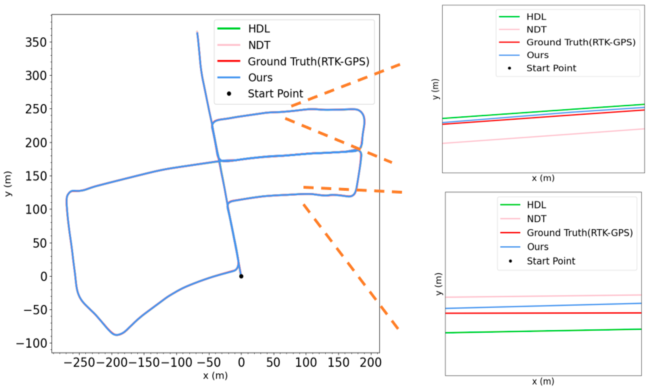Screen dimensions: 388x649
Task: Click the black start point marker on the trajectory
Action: pyautogui.click(x=241, y=276)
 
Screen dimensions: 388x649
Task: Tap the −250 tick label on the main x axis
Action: pyautogui.click(x=79, y=363)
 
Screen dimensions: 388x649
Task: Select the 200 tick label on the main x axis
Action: pyautogui.click(x=371, y=363)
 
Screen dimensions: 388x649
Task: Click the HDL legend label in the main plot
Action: pyautogui.click(x=259, y=29)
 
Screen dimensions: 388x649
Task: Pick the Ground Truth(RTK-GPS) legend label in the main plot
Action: pyautogui.click(x=309, y=61)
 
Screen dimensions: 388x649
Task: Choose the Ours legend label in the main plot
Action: pyautogui.click(x=260, y=78)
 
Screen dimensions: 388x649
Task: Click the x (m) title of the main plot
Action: pyautogui.click(x=215, y=376)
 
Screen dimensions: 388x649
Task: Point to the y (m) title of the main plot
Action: pyautogui.click(x=8, y=184)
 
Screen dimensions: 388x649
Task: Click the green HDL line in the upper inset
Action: pyautogui.click(x=543, y=111)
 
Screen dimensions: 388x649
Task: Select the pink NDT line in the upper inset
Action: pyautogui.click(x=543, y=136)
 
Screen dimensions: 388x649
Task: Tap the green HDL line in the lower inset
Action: pyautogui.click(x=543, y=331)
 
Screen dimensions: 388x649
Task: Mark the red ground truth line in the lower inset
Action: pyautogui.click(x=543, y=313)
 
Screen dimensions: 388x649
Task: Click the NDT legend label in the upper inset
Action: pyautogui.click(x=536, y=30)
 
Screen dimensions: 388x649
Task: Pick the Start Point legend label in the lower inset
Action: pyautogui.click(x=551, y=261)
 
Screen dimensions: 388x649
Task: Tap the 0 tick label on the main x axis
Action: pyautogui.click(x=241, y=363)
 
